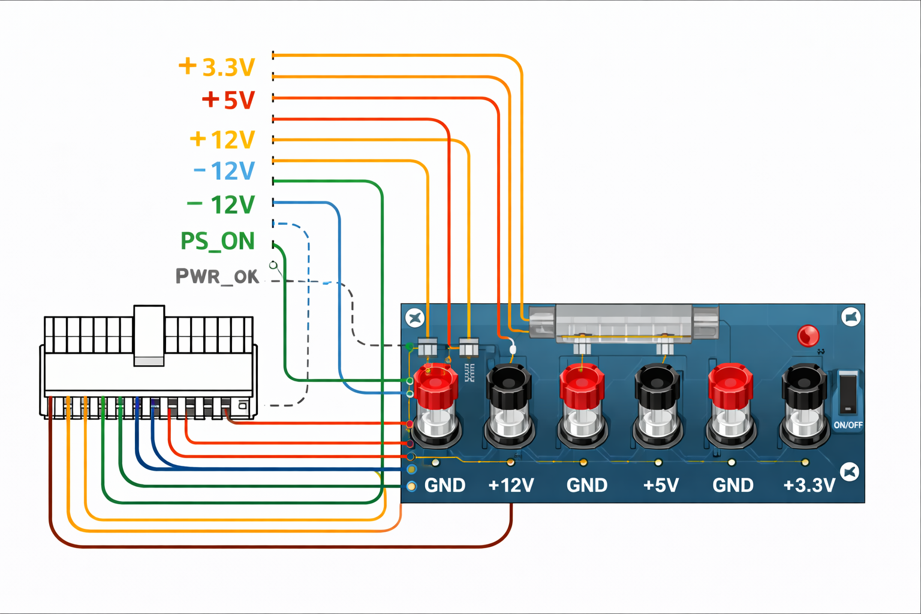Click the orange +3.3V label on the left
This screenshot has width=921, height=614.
[x=216, y=67]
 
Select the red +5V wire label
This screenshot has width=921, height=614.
[x=228, y=100]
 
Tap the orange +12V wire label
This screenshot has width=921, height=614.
[x=222, y=140]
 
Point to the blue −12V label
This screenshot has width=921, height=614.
[x=224, y=171]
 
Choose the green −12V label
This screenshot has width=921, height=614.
[x=221, y=204]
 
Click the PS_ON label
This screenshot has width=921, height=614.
[x=218, y=241]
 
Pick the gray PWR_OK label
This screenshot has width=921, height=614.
[x=217, y=276]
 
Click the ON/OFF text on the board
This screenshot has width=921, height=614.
[x=848, y=425]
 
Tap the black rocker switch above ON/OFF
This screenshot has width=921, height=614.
[x=848, y=392]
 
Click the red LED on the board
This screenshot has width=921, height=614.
[x=808, y=336]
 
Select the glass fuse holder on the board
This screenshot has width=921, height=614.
[x=624, y=323]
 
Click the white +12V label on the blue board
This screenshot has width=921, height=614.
[x=511, y=485]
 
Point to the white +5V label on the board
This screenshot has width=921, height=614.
[x=661, y=485]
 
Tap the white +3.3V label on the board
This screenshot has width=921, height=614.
[x=809, y=485]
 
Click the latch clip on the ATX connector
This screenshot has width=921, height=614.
[x=149, y=336]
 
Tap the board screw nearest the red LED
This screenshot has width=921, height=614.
[x=851, y=317]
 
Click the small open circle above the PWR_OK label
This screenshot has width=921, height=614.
[x=273, y=265]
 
